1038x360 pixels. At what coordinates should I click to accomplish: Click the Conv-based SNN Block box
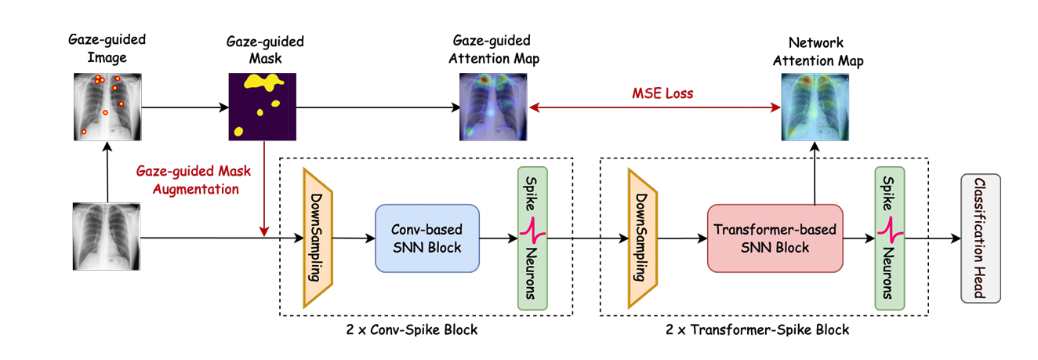pos(427,238)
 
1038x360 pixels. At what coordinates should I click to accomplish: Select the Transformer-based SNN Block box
pos(775,238)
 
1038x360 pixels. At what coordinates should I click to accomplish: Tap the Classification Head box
pos(980,238)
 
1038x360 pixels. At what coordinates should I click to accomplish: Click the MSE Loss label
pos(662,94)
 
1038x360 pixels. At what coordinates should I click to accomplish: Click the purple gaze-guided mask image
pos(263,106)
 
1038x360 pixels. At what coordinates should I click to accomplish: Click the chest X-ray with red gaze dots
pos(107,106)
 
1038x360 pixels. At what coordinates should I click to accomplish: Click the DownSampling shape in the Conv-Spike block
pos(318,238)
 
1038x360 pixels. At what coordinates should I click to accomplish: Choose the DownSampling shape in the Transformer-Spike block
pos(641,238)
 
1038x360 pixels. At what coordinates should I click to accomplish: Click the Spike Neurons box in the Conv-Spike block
pos(532,238)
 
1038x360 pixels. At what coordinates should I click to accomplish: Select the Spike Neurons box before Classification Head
pos(889,238)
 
